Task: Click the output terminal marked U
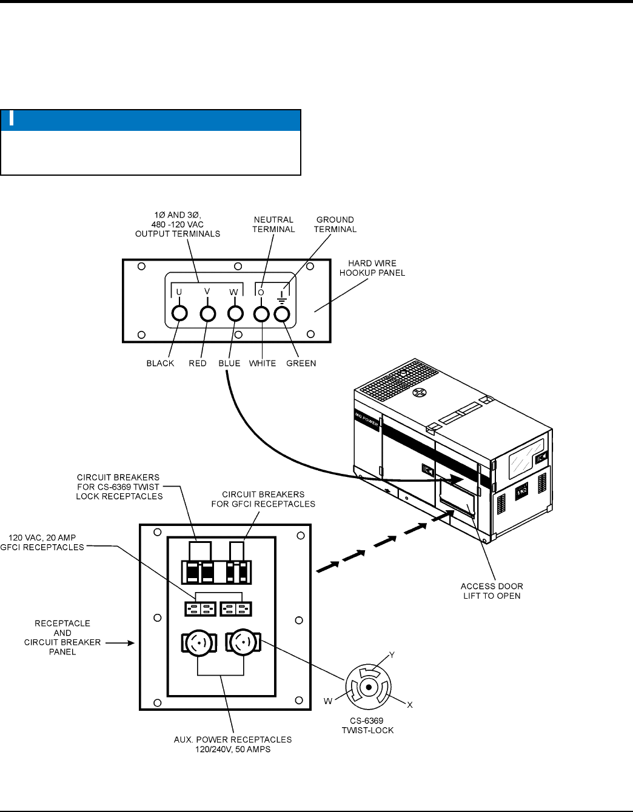(179, 313)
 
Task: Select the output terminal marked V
(208, 313)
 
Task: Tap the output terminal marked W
(235, 313)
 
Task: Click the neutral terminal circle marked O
(261, 314)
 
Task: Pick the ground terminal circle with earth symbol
(282, 314)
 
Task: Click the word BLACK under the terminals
(160, 364)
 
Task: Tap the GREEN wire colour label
(301, 364)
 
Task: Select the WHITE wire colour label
(262, 364)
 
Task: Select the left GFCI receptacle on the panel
(199, 608)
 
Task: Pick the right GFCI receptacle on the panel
(236, 608)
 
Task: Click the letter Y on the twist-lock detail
(392, 655)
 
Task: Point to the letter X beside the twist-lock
(409, 705)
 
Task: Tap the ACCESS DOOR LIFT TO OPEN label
(492, 591)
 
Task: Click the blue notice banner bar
(151, 120)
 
